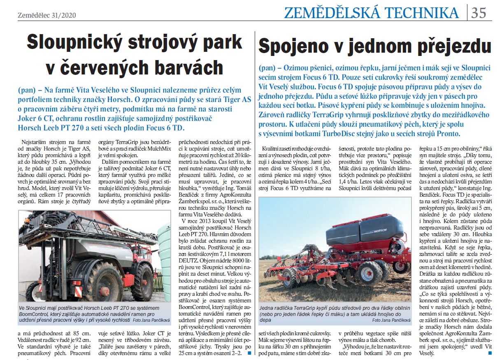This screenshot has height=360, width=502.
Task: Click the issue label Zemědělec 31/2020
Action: point(46,15)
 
